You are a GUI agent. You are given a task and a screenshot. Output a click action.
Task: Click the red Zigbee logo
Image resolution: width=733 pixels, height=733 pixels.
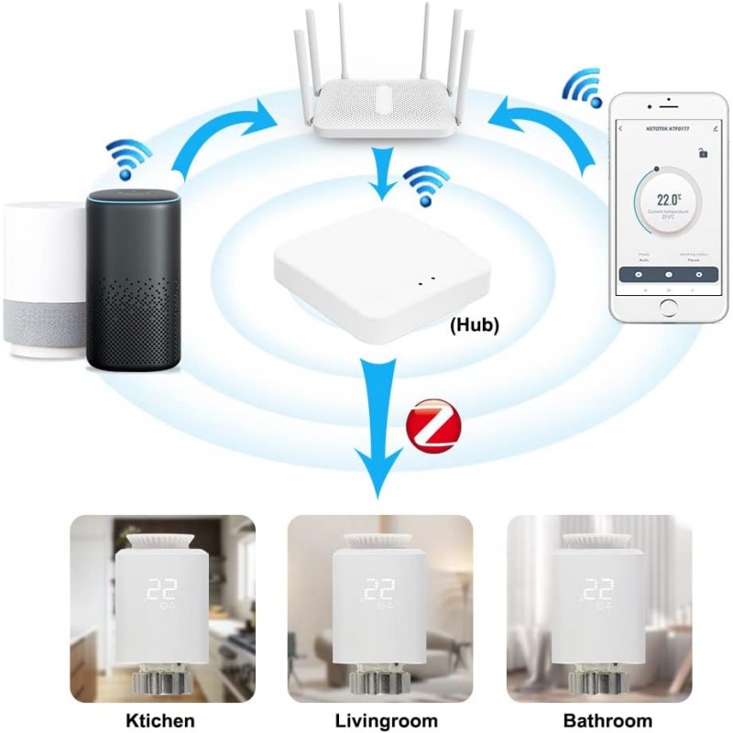coord(433,426)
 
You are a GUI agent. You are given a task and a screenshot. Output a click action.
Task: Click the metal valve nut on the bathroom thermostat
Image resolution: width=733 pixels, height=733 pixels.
coord(599,682)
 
